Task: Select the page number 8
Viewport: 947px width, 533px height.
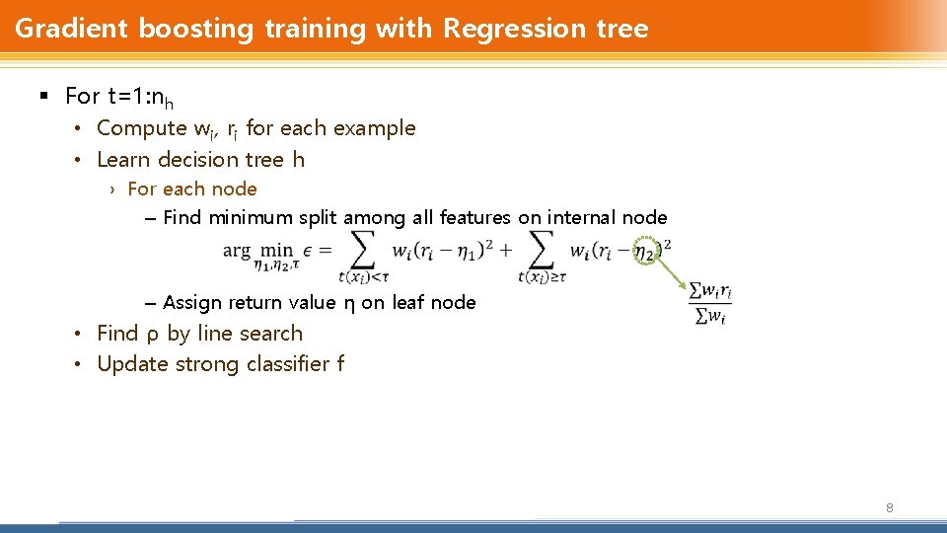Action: click(889, 508)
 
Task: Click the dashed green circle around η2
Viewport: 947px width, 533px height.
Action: click(645, 253)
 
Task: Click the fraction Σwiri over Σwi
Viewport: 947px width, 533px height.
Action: click(710, 304)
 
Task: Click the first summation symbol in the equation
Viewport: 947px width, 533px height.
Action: click(363, 251)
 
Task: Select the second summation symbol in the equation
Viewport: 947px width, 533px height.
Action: click(541, 251)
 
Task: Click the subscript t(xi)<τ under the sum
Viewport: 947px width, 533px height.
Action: click(363, 277)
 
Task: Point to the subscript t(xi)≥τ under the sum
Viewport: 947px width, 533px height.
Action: click(540, 277)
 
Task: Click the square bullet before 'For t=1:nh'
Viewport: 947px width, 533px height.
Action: click(42, 96)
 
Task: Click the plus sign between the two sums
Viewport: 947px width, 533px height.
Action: click(505, 251)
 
